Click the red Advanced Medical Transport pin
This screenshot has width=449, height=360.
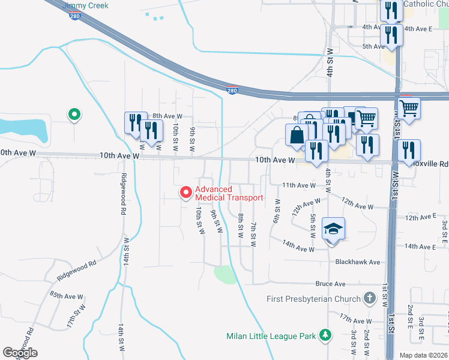186,192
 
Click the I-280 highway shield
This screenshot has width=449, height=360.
232,91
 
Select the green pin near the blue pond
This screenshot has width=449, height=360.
74,113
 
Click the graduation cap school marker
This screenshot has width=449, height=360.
333,229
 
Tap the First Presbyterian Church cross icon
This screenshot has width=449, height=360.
370,298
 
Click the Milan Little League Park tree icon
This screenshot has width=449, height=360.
325,335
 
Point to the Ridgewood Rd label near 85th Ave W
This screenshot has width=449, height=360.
76,271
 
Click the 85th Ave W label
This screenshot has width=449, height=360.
66,296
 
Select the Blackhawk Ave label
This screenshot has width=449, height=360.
358,262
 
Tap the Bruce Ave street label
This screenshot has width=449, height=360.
331,284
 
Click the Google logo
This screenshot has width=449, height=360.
20,353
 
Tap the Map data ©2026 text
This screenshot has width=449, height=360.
423,355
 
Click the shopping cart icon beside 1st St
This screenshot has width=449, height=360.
409,109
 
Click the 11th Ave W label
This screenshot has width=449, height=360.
298,185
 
